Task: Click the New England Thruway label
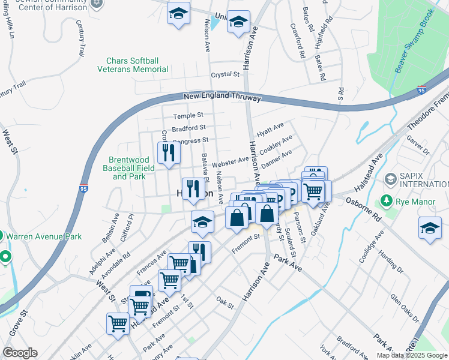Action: point(222,97)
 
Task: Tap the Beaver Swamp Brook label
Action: point(414,40)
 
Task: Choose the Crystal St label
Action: point(225,74)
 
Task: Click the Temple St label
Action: point(188,115)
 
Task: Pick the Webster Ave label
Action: point(230,161)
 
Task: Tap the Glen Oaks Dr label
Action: point(404,305)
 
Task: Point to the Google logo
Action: point(20,352)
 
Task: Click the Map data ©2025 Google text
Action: point(411,355)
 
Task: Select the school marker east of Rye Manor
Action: point(430,229)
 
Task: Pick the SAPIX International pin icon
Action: point(391,178)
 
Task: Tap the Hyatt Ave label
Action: point(270,128)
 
